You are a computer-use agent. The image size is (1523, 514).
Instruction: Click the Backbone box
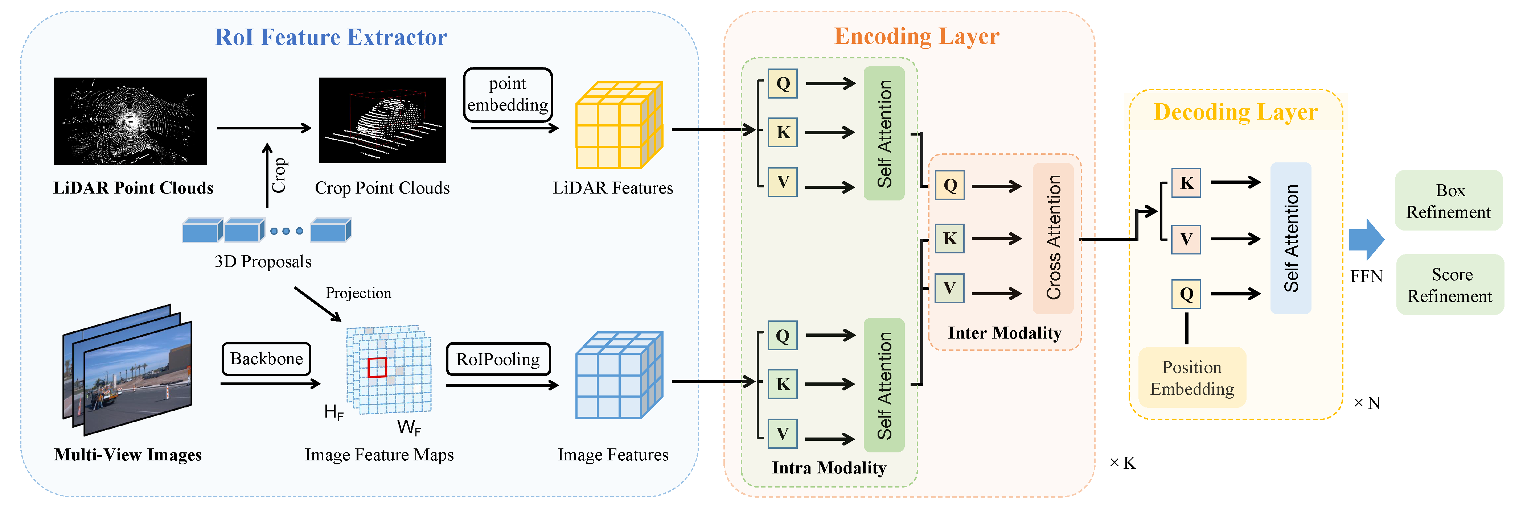click(x=266, y=358)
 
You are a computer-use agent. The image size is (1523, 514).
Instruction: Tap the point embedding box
click(x=508, y=95)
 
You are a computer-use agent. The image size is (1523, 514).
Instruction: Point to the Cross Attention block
click(x=1052, y=238)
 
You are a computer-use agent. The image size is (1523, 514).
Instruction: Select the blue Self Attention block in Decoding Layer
click(x=1291, y=238)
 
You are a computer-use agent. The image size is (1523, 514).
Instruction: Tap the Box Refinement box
click(x=1449, y=201)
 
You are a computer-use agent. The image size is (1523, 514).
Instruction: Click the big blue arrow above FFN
click(x=1366, y=239)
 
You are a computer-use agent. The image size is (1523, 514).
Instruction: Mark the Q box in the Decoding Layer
click(x=1186, y=294)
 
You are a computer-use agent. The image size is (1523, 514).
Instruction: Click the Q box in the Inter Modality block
click(x=949, y=185)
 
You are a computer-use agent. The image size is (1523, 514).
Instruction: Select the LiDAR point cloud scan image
click(x=130, y=121)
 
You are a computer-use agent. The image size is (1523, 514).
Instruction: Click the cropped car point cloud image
click(x=382, y=120)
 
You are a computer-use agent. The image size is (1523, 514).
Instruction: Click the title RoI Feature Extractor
click(x=331, y=37)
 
